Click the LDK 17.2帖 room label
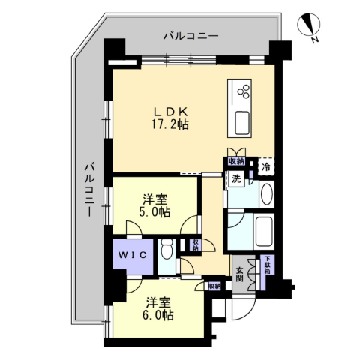(170, 118)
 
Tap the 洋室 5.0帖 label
(154, 205)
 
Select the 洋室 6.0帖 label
(158, 309)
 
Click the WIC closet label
(132, 255)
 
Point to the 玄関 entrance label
(240, 274)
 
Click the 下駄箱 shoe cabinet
(268, 265)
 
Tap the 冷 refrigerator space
(266, 167)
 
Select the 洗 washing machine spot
(236, 179)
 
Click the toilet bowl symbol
(166, 249)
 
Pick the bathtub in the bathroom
(265, 231)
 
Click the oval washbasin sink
(267, 194)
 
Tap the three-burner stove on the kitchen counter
(244, 91)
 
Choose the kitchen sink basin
(241, 122)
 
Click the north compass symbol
(309, 25)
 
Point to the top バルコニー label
(191, 36)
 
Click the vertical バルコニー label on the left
(89, 190)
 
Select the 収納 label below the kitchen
(236, 161)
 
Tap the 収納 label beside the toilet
(195, 244)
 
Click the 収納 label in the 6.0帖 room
(214, 286)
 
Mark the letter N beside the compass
(315, 40)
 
